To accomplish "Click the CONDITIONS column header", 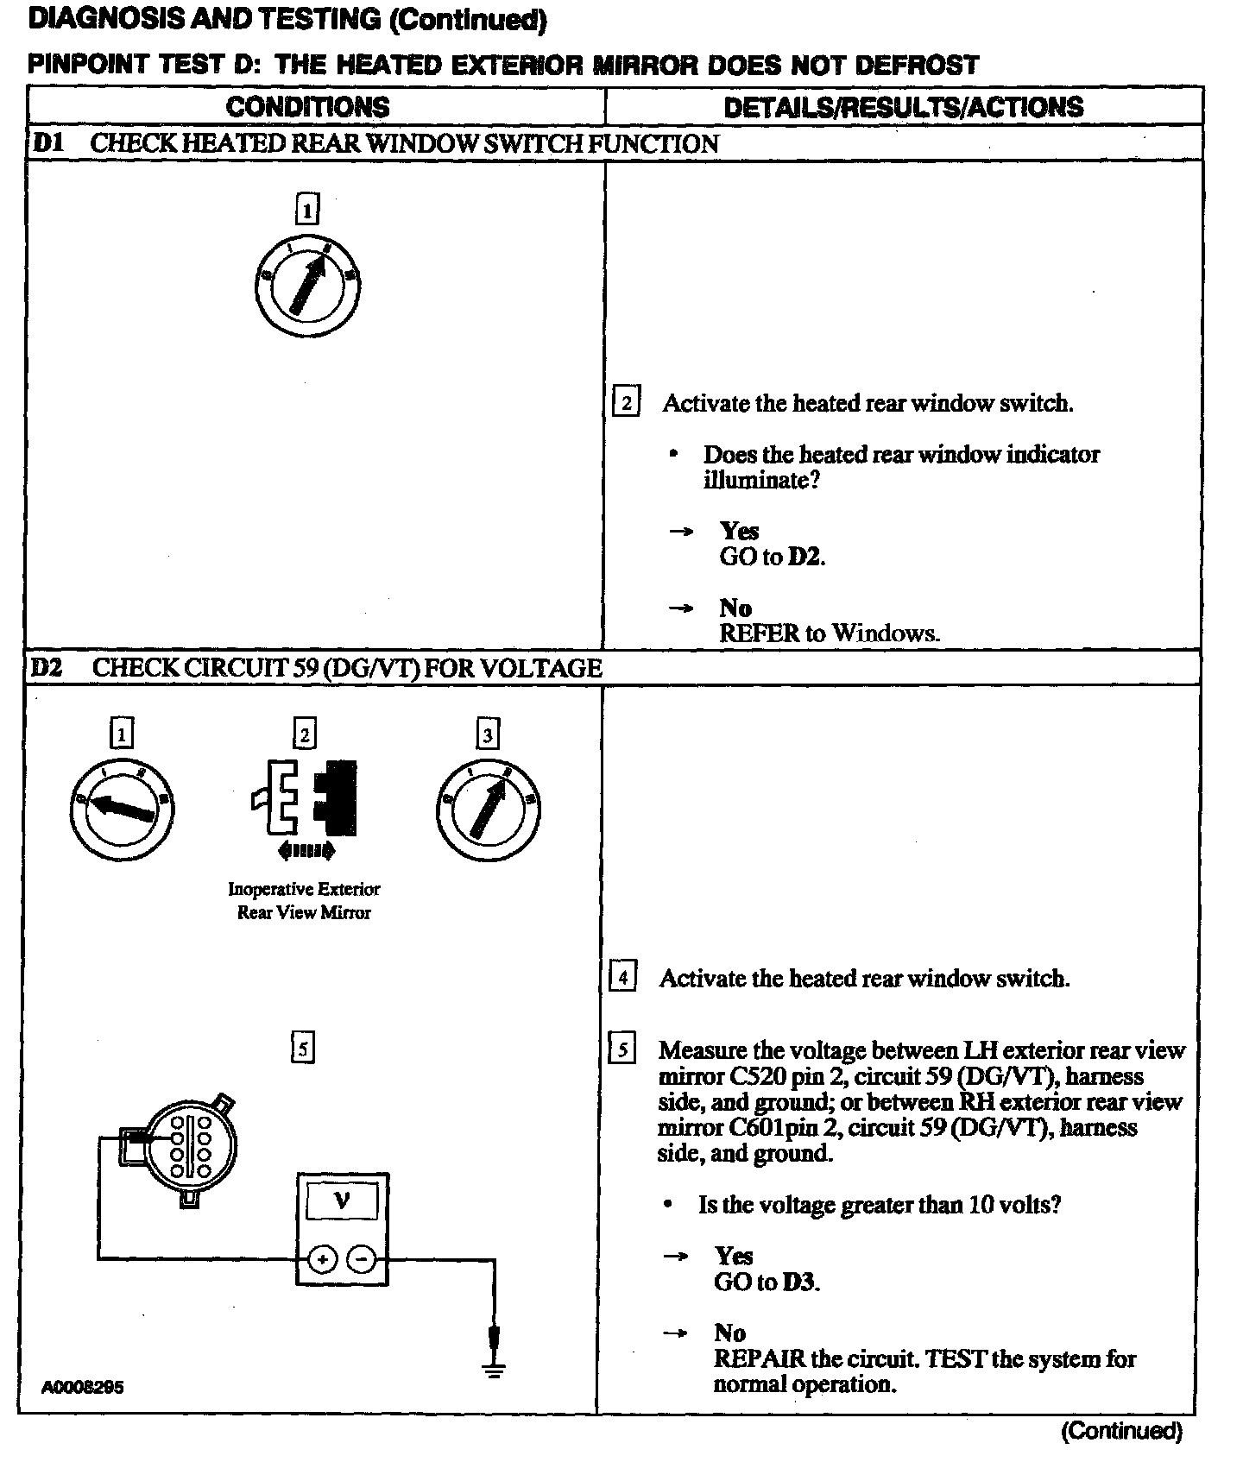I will tap(307, 107).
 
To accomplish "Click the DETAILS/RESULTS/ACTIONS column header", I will tap(903, 107).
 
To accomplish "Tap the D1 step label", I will tap(47, 143).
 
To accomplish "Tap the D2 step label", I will tap(48, 667).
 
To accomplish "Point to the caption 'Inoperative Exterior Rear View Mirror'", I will tap(304, 900).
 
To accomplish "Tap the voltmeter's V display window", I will tap(342, 1200).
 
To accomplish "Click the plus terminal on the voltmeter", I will tap(322, 1260).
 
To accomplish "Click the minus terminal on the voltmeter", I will tap(361, 1260).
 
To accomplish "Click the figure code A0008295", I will tap(83, 1388).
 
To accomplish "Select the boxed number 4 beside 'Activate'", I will tap(622, 978).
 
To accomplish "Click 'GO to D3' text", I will tap(767, 1282).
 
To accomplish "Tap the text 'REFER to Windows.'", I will tap(830, 633).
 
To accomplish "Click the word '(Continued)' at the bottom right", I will tap(1120, 1431).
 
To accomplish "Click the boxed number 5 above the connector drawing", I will tap(302, 1048).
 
